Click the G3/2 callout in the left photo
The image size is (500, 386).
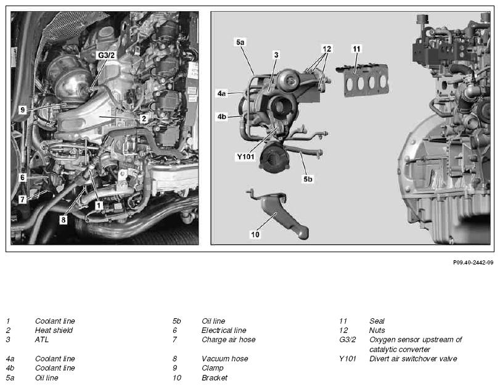point(106,55)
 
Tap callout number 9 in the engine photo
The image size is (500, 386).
point(22,110)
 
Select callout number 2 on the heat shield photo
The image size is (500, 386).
point(144,119)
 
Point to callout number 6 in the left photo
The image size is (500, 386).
point(22,178)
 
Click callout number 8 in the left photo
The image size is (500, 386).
point(64,220)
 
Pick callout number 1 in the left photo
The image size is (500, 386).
point(99,205)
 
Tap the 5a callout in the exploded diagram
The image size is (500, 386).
point(240,43)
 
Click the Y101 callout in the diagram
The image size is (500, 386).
point(245,157)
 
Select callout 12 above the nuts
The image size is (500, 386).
point(327,49)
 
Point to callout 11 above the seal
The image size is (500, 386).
point(356,49)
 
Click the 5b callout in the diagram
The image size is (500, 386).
point(308,179)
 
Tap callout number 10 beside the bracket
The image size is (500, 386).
point(255,234)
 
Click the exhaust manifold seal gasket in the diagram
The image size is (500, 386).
point(364,80)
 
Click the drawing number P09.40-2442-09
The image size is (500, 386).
point(473,263)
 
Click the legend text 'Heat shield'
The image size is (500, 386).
point(54,330)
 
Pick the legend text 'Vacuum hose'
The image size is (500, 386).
point(225,359)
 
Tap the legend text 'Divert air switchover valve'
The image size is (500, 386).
point(413,359)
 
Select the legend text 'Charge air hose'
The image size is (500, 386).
point(228,340)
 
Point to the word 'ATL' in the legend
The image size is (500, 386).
point(42,340)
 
